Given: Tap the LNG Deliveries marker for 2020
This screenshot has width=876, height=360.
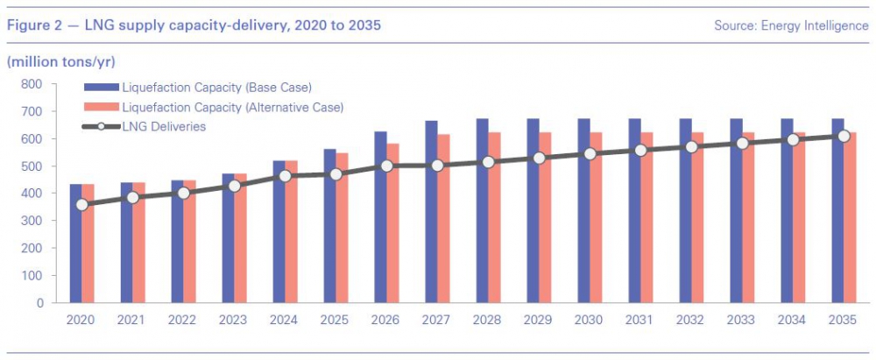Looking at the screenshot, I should click(x=81, y=205).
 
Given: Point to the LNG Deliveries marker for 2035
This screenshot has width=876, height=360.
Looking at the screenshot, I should click(x=844, y=136).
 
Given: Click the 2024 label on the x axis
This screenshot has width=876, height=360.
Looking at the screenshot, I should click(x=285, y=321).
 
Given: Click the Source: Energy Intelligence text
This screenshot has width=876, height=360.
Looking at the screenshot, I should click(x=791, y=26).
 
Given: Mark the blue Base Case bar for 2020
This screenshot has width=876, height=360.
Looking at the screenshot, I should click(x=75, y=254).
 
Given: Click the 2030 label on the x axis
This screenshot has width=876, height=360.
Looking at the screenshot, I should click(x=590, y=321).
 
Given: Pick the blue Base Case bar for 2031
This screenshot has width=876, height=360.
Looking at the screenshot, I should click(x=634, y=210).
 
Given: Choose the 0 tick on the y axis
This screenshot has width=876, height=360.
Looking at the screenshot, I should click(x=38, y=303).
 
